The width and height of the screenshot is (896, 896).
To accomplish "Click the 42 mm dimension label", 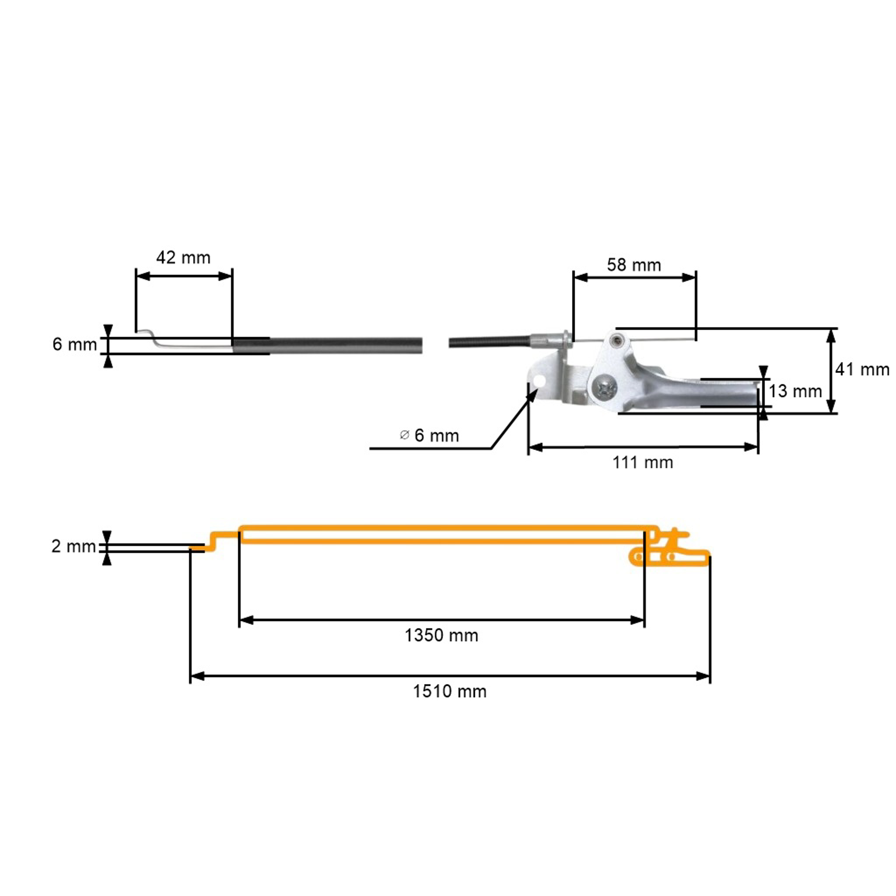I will click(x=183, y=258).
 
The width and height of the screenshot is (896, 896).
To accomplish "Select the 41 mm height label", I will click(x=862, y=370).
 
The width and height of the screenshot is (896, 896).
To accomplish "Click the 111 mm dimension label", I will click(x=642, y=462).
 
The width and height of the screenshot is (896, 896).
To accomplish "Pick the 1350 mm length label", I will click(x=441, y=635).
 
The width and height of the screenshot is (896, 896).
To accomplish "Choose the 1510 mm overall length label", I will click(x=449, y=691).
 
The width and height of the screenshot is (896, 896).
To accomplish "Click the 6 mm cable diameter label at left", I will click(x=74, y=344).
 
